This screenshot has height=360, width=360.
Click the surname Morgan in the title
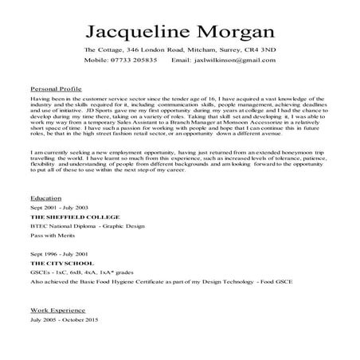coord(230,31)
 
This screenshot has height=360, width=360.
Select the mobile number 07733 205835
coord(133,61)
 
